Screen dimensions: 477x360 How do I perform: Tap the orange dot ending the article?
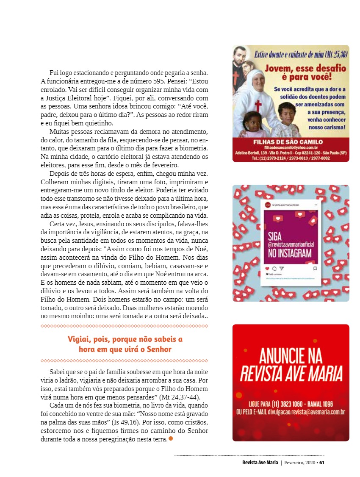(x=171, y=438)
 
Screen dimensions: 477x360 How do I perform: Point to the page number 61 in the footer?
(x=322, y=463)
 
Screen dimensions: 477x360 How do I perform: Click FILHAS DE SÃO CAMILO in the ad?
(x=288, y=141)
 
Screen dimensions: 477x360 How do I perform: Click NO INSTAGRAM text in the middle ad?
(x=290, y=253)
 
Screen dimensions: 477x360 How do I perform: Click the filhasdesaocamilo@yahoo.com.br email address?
(x=288, y=147)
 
